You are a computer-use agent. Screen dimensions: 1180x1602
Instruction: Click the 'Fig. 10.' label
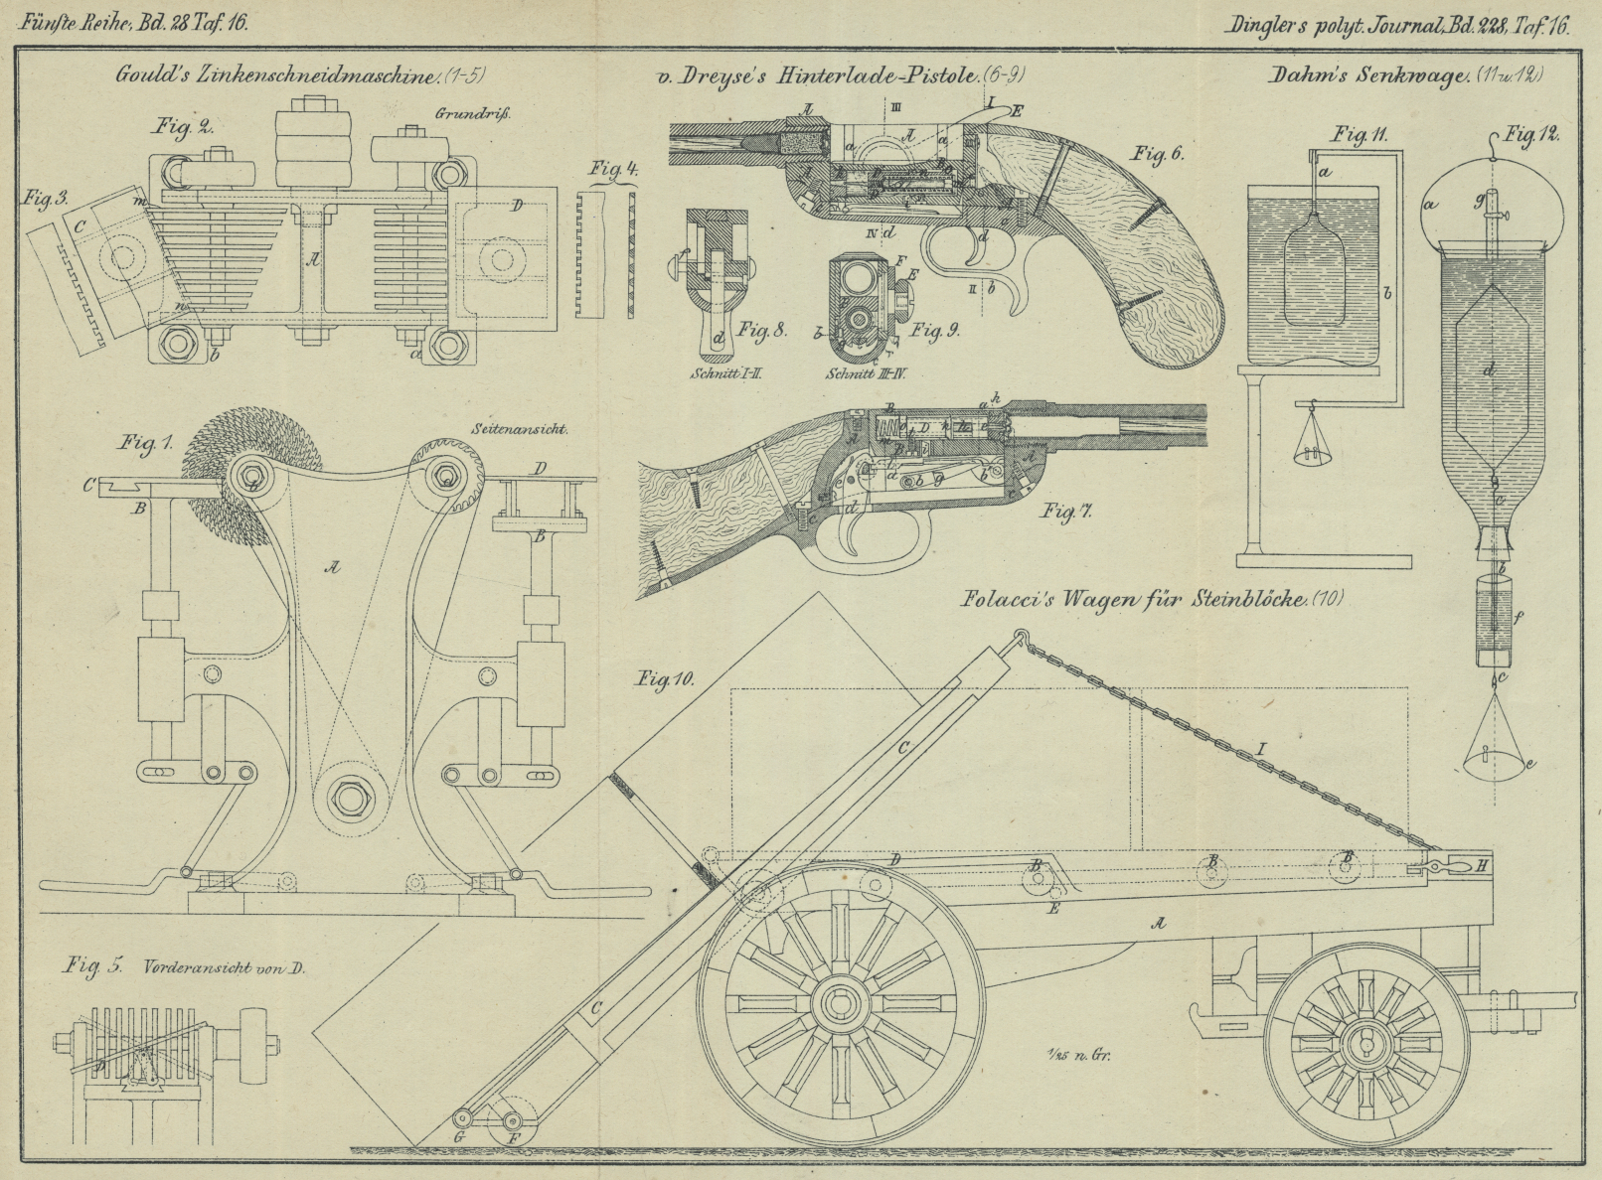tap(666, 679)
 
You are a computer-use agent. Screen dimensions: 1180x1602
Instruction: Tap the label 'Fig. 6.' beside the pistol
tap(1157, 154)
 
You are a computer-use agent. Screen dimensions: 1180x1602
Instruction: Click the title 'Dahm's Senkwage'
tap(1367, 75)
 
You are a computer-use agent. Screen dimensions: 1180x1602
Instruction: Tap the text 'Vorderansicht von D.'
tap(223, 965)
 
